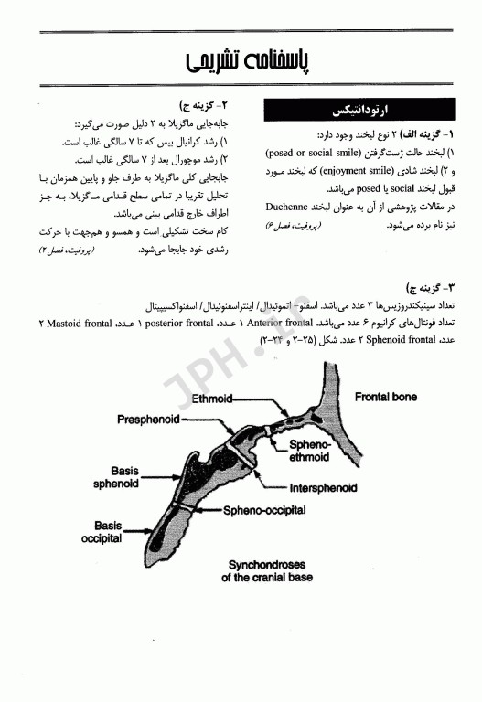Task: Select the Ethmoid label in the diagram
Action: click(x=218, y=399)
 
